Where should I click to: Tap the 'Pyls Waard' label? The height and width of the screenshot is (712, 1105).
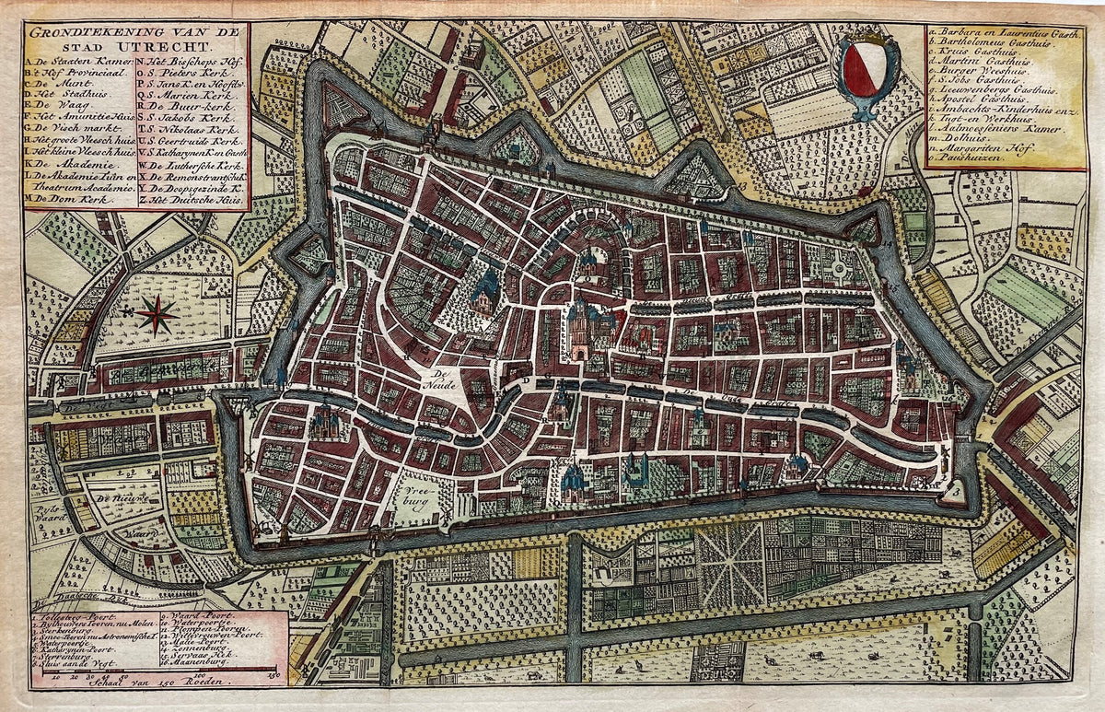46,512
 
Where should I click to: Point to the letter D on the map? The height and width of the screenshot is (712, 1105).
526,379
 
